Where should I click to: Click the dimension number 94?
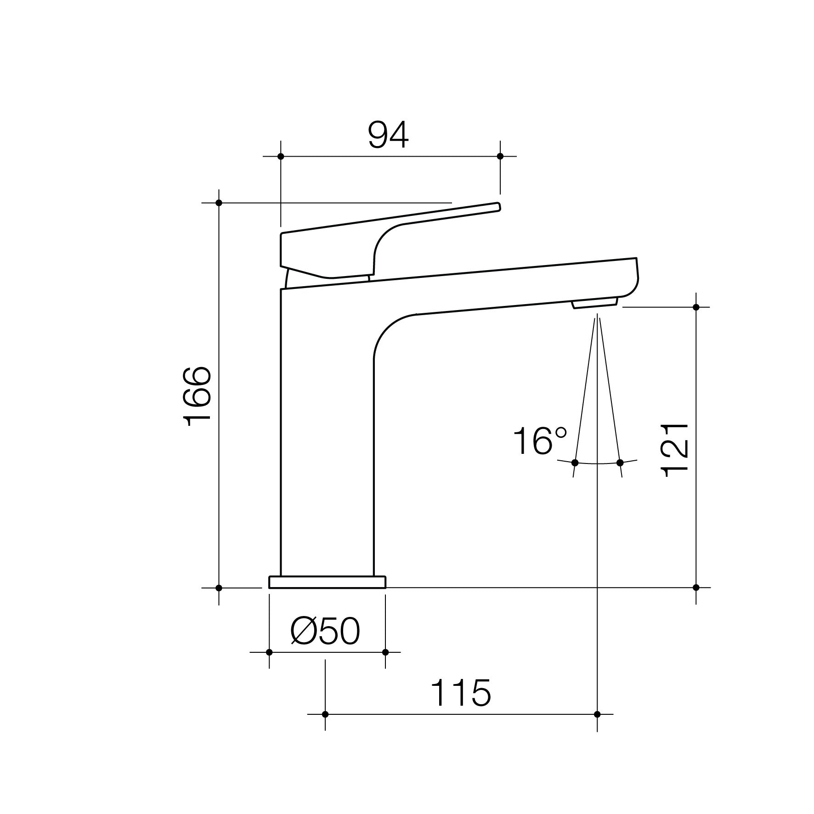[x=388, y=136]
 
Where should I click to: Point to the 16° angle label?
[x=540, y=441]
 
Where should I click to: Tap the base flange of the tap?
[x=327, y=582]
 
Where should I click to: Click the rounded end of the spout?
[x=634, y=278]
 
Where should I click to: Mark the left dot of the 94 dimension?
[x=281, y=156]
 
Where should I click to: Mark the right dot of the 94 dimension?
[x=500, y=156]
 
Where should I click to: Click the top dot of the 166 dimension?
[x=219, y=203]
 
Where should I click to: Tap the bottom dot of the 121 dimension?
[x=696, y=588]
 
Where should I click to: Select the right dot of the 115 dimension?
[x=597, y=727]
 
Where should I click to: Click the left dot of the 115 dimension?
[x=325, y=727]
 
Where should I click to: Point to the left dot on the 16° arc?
[x=575, y=462]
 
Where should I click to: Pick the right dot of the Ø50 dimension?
[x=385, y=652]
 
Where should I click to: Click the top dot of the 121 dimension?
[x=696, y=307]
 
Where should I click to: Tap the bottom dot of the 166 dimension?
[x=219, y=588]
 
